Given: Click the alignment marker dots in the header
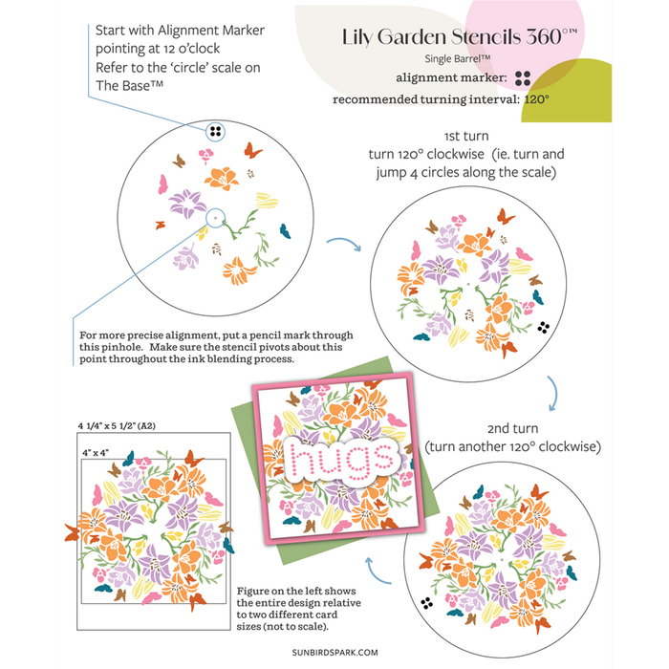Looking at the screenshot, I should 522,79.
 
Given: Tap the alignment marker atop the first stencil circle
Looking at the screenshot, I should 215,130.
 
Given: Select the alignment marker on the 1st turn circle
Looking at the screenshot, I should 544,327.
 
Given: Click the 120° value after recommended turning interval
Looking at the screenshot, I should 540,99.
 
